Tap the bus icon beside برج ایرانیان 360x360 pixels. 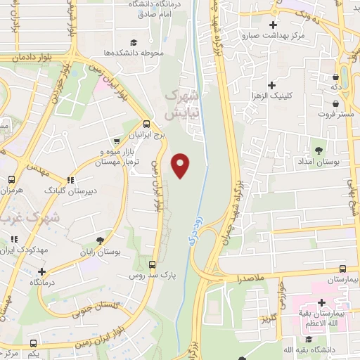146,122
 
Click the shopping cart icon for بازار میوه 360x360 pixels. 117,142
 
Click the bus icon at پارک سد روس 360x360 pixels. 153,264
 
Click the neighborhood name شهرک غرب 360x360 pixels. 22,219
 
